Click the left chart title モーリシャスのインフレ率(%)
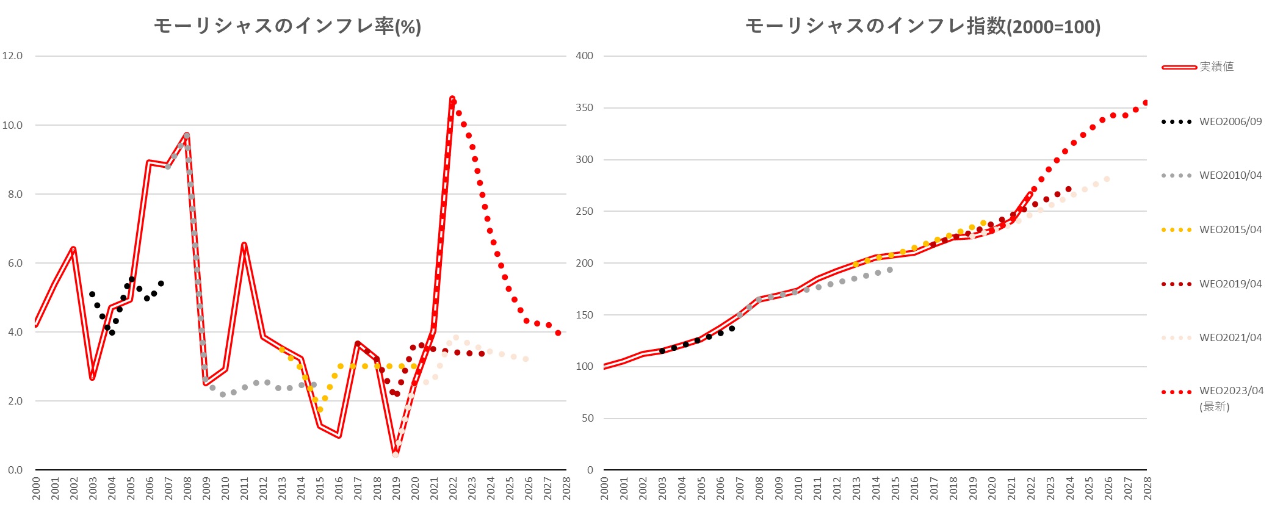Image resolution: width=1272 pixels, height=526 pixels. (x=287, y=26)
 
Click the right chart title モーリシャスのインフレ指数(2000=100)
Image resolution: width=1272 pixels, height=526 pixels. (x=923, y=26)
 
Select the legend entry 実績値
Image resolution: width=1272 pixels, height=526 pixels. (x=1216, y=67)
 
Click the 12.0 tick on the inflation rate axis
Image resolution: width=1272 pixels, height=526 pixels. (x=12, y=56)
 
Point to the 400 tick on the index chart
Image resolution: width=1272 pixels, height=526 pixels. (x=584, y=56)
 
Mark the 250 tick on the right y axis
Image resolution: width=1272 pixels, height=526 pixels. (x=584, y=211)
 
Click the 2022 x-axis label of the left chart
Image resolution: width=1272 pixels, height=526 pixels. (x=453, y=489)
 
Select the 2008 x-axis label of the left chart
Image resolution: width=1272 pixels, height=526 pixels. (x=187, y=489)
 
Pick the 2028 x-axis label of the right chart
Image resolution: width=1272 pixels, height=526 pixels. (x=1147, y=489)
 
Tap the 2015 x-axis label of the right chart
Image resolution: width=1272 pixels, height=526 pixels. (x=895, y=489)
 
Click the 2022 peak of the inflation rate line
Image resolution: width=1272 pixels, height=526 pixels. (x=452, y=98)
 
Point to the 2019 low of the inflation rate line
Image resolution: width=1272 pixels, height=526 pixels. (x=396, y=454)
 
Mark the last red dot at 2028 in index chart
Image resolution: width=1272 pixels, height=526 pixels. (x=1146, y=103)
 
